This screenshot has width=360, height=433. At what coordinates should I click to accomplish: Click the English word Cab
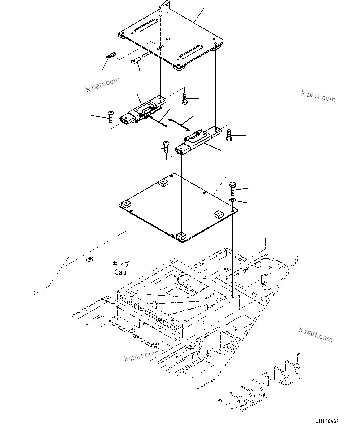[x=120, y=272]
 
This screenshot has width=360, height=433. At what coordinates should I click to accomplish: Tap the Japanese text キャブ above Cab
[x=120, y=265]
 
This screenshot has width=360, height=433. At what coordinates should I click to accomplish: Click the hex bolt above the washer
[x=233, y=188]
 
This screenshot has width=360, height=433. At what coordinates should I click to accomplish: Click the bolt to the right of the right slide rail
[x=229, y=135]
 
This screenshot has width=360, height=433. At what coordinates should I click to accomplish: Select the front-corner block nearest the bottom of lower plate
[x=181, y=237]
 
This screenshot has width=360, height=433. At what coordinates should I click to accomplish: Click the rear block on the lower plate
[x=163, y=183]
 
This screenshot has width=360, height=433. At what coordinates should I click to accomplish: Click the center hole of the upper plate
[x=167, y=39]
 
